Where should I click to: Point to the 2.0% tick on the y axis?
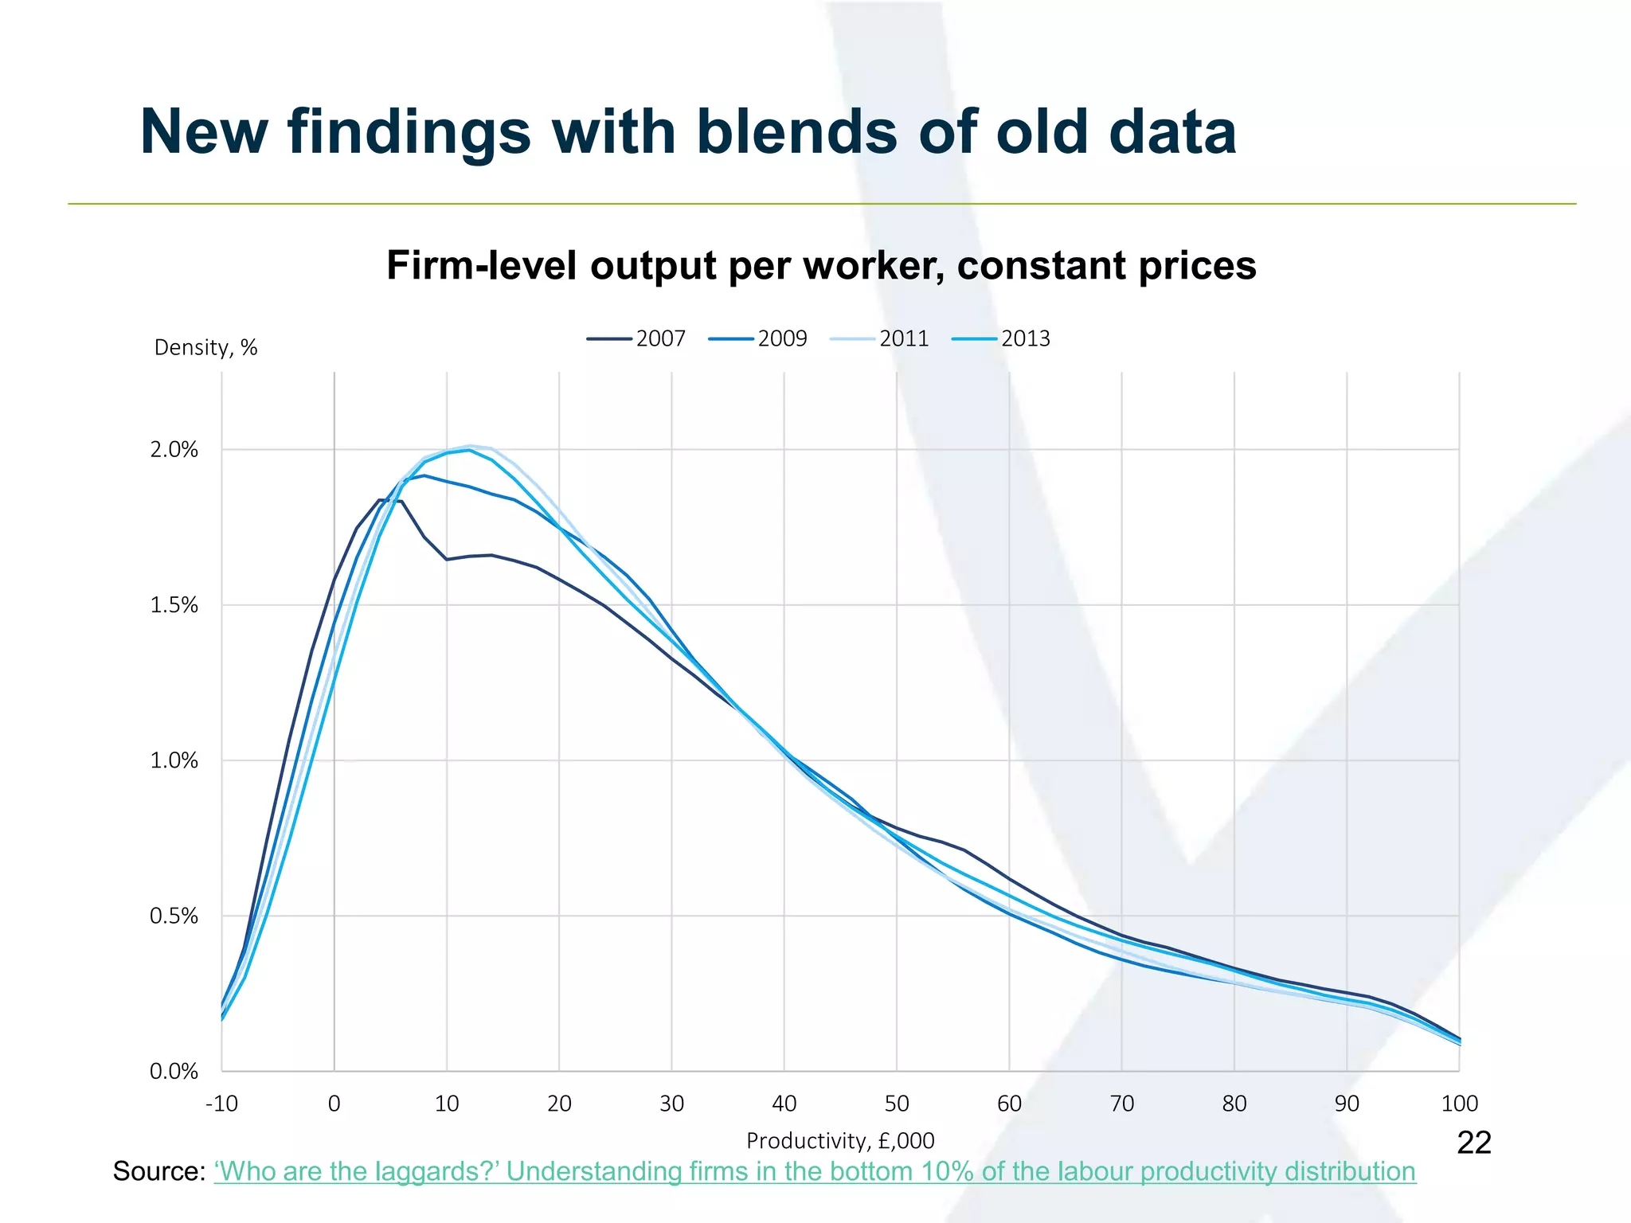pyautogui.click(x=174, y=450)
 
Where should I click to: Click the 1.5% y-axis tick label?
pyautogui.click(x=174, y=605)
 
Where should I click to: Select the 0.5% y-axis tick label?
pyautogui.click(x=174, y=916)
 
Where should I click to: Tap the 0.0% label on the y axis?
pyautogui.click(x=174, y=1072)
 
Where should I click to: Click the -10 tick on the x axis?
pyautogui.click(x=221, y=1104)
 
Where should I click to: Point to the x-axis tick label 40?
pyautogui.click(x=784, y=1104)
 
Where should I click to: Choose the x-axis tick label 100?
pyautogui.click(x=1459, y=1104)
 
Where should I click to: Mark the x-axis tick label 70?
pyautogui.click(x=1121, y=1104)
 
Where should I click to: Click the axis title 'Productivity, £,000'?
pyautogui.click(x=840, y=1141)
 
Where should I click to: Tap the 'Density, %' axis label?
pyautogui.click(x=205, y=348)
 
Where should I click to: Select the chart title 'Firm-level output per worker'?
pyautogui.click(x=821, y=266)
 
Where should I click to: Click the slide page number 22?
pyautogui.click(x=1473, y=1143)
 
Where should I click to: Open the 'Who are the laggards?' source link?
pyautogui.click(x=815, y=1172)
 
